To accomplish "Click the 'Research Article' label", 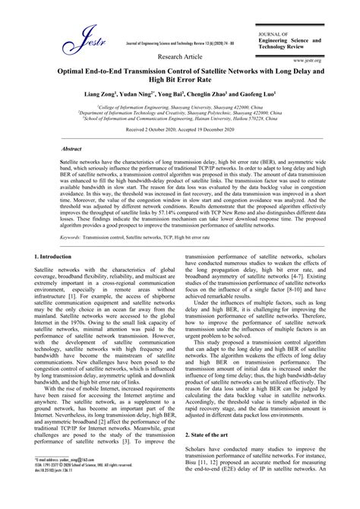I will pyautogui.click(x=179, y=57).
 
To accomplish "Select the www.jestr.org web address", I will pyautogui.click(x=305, y=58).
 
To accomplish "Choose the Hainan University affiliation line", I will pyautogui.click(x=179, y=119).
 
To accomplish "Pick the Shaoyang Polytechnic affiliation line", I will pyautogui.click(x=179, y=114).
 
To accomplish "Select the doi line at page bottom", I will pyautogui.click(x=58, y=492).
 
